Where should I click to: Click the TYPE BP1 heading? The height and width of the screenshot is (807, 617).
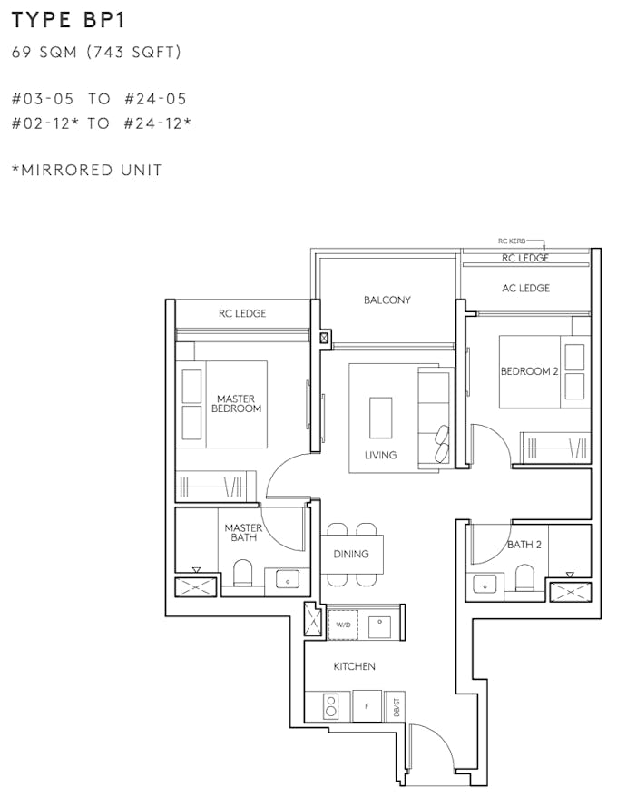[68, 20]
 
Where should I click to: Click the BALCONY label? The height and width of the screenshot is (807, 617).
[387, 300]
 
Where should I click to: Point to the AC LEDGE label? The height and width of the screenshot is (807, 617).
[525, 288]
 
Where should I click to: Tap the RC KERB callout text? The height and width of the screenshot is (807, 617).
[512, 241]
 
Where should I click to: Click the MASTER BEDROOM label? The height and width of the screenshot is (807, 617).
[236, 403]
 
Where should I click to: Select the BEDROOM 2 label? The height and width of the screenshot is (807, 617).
[529, 371]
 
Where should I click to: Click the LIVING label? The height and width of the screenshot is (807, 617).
[380, 455]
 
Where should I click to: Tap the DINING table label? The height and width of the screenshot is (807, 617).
[351, 554]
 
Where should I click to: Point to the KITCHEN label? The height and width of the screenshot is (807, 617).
[354, 666]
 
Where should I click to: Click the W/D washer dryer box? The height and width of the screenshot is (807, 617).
[343, 625]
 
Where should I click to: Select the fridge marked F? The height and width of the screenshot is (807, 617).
[367, 706]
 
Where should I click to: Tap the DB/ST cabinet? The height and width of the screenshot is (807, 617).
[395, 706]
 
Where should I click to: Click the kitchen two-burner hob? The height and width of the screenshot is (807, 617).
[331, 706]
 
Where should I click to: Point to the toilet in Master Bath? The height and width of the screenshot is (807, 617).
[242, 573]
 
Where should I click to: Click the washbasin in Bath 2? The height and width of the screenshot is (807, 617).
[485, 585]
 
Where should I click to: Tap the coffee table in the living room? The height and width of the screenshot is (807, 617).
[380, 418]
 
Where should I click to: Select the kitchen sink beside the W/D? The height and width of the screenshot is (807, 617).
[379, 625]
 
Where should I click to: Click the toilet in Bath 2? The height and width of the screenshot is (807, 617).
[524, 577]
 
